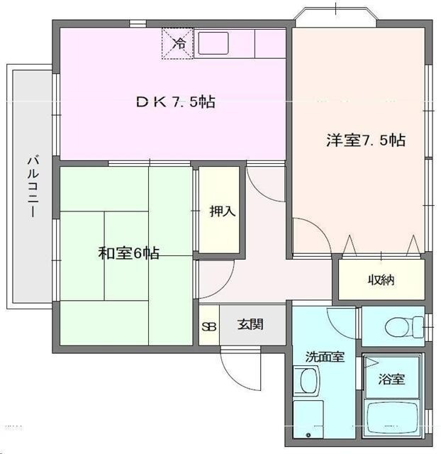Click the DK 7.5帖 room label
coord(175,102)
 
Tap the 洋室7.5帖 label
coord(365,140)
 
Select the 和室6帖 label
coord(128,253)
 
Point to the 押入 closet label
coord(218,211)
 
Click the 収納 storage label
coord(381,280)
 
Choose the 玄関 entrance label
coord(250,325)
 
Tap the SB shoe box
coord(208,326)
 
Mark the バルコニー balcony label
coord(33,186)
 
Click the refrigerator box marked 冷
coord(178,43)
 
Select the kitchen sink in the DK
coord(213,44)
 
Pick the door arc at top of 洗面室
coord(340,323)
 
